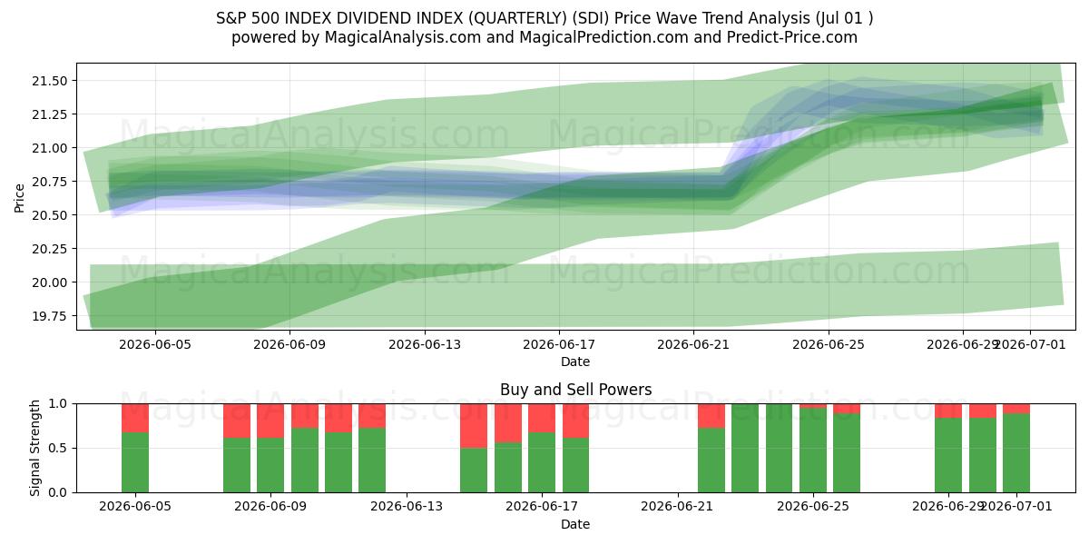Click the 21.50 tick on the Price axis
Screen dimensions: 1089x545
(50, 81)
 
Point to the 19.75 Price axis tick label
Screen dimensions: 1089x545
(50, 316)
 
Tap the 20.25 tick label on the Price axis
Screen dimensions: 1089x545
(50, 249)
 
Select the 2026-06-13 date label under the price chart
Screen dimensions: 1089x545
(425, 344)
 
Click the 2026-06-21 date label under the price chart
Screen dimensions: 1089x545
(693, 344)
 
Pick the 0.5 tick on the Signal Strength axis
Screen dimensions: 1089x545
(58, 448)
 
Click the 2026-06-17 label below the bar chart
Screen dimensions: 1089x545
(542, 507)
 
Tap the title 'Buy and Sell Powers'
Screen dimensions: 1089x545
(575, 390)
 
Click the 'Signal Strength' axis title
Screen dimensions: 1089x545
(34, 448)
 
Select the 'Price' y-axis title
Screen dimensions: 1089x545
(19, 198)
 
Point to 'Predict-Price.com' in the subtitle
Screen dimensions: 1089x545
(792, 37)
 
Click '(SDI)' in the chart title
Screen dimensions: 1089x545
(590, 18)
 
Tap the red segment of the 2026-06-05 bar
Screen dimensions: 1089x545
(135, 418)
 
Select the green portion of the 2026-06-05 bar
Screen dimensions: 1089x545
(135, 462)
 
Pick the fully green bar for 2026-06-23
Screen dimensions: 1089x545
(745, 448)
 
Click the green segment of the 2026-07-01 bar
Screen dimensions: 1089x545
(1016, 453)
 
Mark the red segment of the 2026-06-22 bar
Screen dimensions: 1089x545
(711, 416)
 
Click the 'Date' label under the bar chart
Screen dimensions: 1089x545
(575, 525)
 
